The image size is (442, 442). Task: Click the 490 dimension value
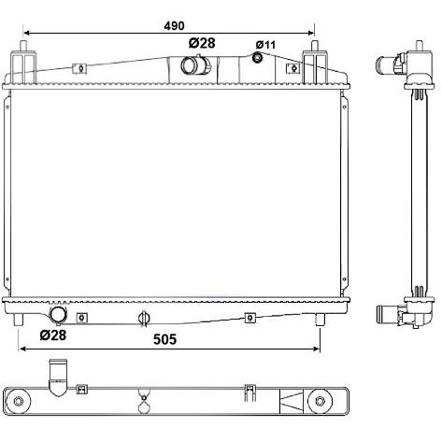tap(174, 25)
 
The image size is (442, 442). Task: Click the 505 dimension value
tap(164, 339)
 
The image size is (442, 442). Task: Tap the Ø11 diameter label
tap(265, 45)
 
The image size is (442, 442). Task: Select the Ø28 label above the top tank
tap(202, 43)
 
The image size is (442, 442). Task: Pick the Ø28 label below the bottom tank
tap(53, 335)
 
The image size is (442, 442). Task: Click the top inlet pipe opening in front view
tap(189, 65)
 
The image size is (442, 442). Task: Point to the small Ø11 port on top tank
tap(257, 57)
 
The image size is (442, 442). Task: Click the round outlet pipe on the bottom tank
tap(58, 314)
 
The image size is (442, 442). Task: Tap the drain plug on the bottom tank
tap(144, 319)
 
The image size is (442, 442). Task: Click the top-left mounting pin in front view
tap(23, 46)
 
